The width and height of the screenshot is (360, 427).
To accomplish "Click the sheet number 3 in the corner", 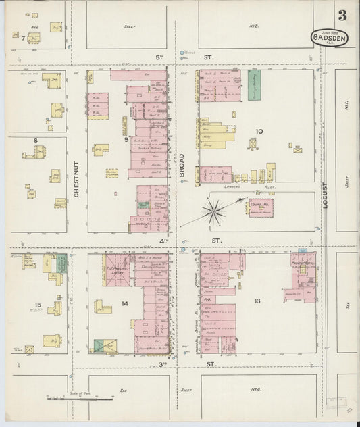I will [343, 14].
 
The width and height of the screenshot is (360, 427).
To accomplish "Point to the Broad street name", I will [181, 166].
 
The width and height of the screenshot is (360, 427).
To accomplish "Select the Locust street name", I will [325, 193].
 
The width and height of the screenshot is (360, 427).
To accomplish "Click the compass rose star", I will [214, 213].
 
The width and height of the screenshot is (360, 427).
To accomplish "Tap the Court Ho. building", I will [260, 207].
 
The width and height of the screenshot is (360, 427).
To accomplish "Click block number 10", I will [258, 131].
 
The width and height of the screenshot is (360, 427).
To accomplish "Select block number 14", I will [125, 303].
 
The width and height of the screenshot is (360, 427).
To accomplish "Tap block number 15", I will [37, 305].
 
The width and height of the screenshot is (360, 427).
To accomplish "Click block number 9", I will [126, 140].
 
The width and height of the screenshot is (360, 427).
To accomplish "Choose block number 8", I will [35, 141].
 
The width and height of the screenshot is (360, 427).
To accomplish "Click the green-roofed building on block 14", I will [103, 346].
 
